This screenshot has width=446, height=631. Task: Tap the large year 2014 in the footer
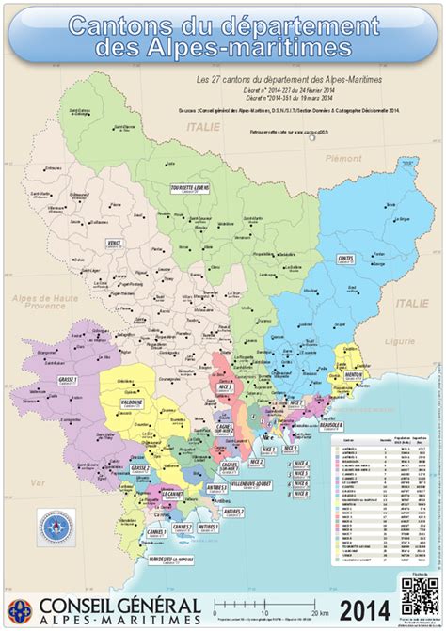[366, 607]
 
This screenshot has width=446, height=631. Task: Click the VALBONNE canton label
[132, 402]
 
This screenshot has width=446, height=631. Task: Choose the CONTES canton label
[344, 257]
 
